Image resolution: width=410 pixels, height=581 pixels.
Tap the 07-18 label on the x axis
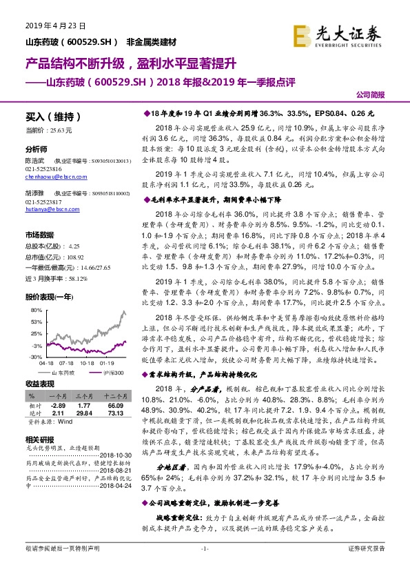point(66,362)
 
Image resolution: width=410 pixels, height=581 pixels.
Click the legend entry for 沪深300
point(114,373)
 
